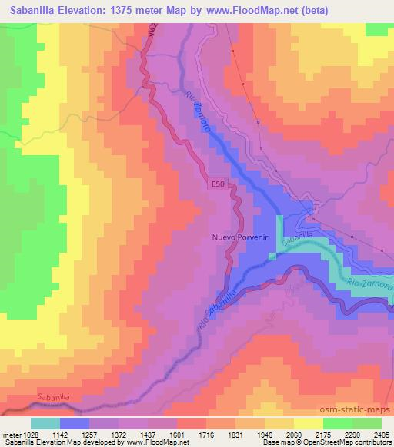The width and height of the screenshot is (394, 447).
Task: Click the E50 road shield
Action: click(x=217, y=184)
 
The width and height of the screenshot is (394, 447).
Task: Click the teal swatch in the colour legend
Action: click(x=45, y=423)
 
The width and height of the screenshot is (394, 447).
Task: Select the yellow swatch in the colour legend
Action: click(x=308, y=423)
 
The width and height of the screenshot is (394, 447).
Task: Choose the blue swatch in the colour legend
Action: click(x=75, y=423)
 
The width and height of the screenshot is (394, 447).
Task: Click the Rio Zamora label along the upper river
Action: click(x=196, y=114)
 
